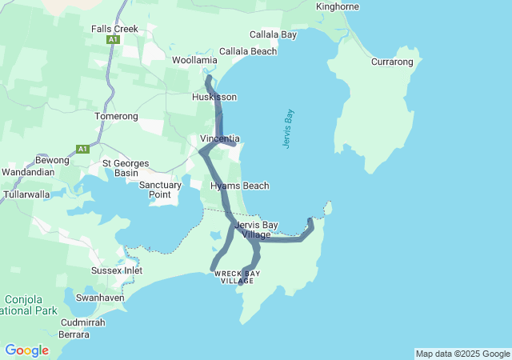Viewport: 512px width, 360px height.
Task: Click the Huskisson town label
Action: point(214,97)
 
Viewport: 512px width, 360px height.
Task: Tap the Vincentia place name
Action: point(219,138)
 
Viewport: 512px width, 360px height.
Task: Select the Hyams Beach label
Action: point(239,186)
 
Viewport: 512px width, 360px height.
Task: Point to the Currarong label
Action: point(392,62)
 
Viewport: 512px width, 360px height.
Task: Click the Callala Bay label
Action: point(273,35)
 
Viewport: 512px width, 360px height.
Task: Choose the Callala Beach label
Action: point(248,51)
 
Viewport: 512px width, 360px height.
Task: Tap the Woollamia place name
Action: point(194,60)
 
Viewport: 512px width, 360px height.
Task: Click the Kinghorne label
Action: point(338,6)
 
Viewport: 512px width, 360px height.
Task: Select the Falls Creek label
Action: point(114,29)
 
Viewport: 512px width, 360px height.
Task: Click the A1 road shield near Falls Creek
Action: point(113,39)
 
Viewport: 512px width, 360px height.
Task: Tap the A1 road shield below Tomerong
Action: point(82,148)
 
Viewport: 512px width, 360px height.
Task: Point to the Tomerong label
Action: point(117,116)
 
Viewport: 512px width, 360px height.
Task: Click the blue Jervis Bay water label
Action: point(289,129)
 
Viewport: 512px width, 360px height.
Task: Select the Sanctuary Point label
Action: point(160,190)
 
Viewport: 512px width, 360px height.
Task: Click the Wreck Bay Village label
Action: point(237,278)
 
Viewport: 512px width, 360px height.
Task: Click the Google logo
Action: point(26,350)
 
